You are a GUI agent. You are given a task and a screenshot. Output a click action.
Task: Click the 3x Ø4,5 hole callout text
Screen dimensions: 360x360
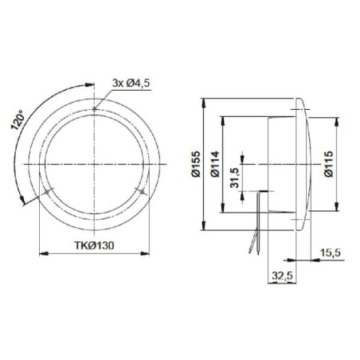click(131, 83)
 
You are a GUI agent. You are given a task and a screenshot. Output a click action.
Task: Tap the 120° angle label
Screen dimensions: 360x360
click(18, 120)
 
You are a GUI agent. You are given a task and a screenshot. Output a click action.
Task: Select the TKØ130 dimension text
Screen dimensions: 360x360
click(94, 245)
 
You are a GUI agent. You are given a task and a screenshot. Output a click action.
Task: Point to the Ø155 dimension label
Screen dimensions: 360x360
click(196, 164)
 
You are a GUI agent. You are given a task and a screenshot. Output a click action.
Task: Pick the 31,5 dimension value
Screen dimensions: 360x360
click(234, 178)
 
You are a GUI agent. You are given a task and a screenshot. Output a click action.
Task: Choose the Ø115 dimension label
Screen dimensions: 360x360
click(329, 164)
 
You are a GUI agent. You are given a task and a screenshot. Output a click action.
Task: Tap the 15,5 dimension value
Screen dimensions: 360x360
click(330, 252)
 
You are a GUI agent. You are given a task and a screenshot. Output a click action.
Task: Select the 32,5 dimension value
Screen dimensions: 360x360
click(282, 276)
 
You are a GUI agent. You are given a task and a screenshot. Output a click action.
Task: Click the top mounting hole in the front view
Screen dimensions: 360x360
click(94, 108)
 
